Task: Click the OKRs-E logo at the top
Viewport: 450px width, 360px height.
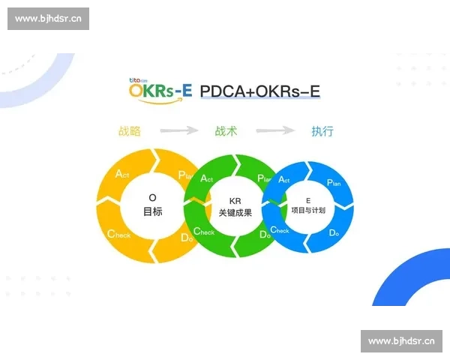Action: (x=160, y=89)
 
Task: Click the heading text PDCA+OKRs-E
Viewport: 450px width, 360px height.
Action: (x=260, y=91)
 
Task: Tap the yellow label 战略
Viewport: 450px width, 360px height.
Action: (x=130, y=131)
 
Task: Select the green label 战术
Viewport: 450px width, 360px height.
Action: (x=226, y=131)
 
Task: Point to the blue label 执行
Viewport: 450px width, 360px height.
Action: (x=322, y=131)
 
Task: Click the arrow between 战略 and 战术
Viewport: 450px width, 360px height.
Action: (x=178, y=131)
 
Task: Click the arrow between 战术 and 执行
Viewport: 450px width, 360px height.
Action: (x=274, y=131)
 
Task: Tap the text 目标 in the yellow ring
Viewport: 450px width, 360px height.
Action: (x=153, y=211)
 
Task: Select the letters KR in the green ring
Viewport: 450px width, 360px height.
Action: (x=235, y=201)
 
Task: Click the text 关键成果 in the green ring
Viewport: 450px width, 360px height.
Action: (x=235, y=213)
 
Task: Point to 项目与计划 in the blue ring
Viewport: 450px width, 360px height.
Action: (x=308, y=210)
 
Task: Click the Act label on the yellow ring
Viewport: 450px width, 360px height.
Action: (x=122, y=174)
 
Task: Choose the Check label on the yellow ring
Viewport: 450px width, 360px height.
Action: (x=118, y=234)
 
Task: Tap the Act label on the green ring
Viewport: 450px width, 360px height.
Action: (x=206, y=179)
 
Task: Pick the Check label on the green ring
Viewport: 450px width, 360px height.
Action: (x=204, y=232)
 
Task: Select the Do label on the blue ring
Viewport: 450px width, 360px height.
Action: (x=334, y=232)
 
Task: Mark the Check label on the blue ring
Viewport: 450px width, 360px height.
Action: (x=280, y=230)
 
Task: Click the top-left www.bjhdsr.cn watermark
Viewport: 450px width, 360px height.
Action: (x=48, y=19)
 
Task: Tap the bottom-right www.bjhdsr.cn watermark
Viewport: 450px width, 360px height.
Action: (x=401, y=341)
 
